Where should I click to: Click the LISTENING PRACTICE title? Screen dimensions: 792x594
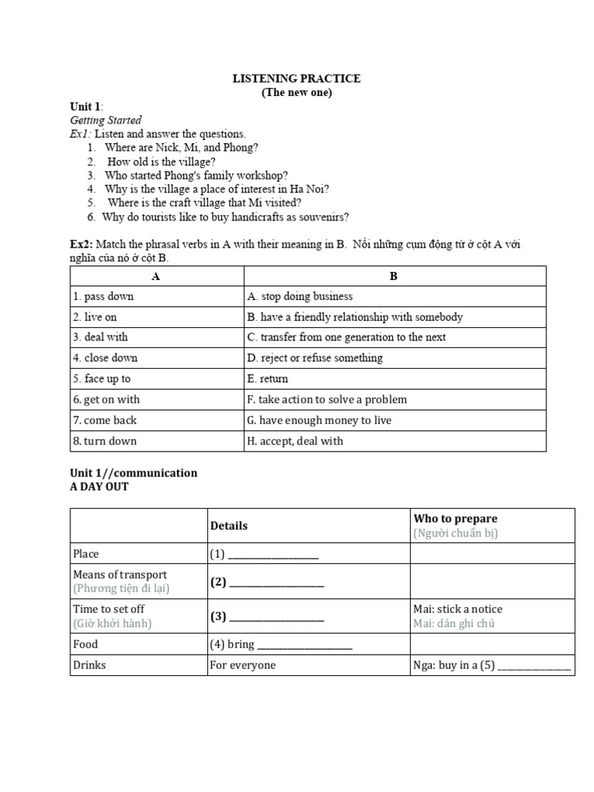pos(297,79)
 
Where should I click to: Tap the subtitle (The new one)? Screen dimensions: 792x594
pos(297,93)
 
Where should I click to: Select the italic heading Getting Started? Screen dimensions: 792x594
pos(106,121)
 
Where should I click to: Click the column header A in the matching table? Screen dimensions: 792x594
pos(156,276)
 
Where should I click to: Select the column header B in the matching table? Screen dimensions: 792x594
pos(394,276)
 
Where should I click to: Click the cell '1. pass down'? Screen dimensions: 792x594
pos(104,296)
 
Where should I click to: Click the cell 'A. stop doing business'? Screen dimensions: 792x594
pos(300,296)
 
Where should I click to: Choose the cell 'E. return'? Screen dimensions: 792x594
pos(268,379)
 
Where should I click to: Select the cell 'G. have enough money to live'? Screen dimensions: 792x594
pos(319,420)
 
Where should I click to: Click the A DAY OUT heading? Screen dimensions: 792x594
pos(99,486)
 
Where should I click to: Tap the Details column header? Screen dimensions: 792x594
pos(229,526)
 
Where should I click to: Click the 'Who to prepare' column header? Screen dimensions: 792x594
pos(456,519)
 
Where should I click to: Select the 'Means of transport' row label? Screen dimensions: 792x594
pos(120,575)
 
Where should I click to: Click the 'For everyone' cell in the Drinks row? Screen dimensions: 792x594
pos(242,665)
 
